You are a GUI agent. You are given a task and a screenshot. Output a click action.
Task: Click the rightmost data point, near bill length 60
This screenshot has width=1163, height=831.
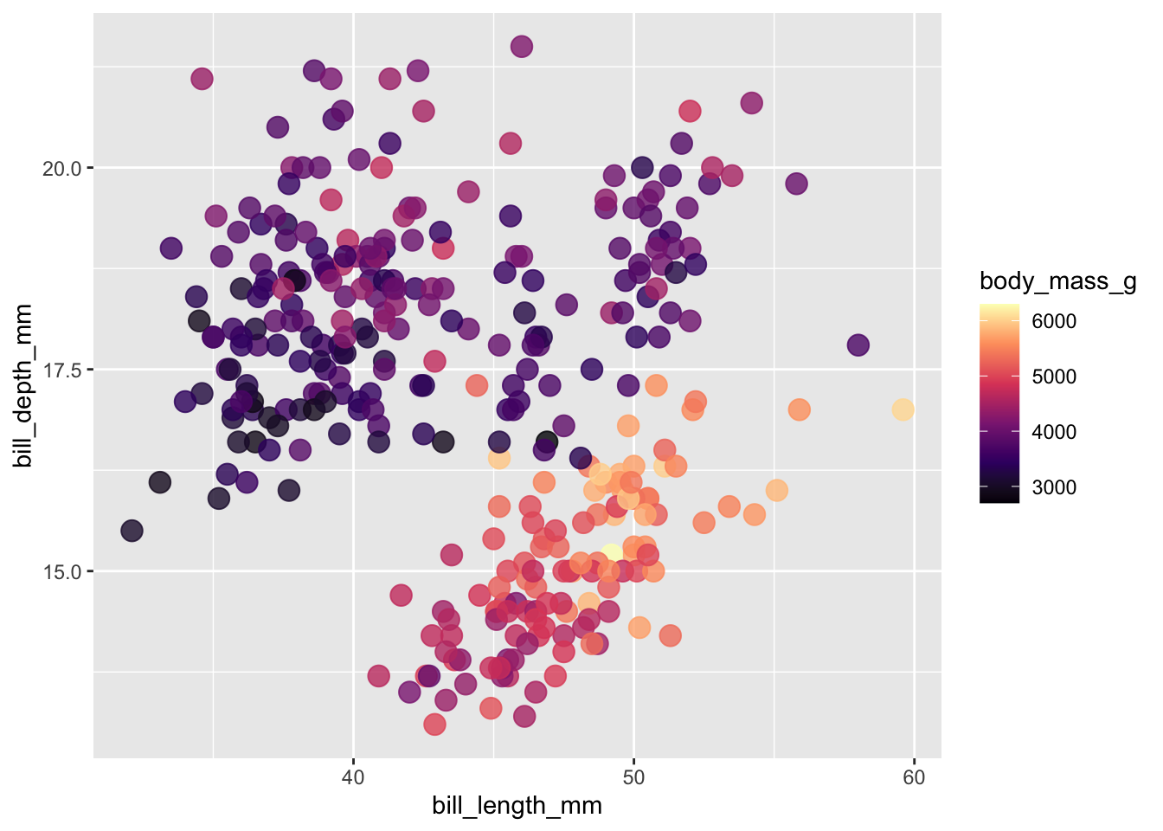click(903, 409)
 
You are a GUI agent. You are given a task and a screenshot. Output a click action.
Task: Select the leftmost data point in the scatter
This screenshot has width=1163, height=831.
click(132, 531)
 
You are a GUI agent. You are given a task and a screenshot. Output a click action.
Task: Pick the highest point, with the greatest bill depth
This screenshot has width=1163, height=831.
click(521, 47)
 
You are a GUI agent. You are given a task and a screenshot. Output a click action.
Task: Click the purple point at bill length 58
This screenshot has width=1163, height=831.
click(858, 345)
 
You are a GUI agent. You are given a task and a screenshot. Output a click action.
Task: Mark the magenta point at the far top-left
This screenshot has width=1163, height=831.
click(202, 79)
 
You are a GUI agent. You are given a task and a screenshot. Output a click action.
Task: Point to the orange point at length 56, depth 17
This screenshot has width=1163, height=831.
click(800, 409)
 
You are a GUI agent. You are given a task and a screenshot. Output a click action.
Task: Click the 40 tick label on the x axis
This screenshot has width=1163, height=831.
click(353, 777)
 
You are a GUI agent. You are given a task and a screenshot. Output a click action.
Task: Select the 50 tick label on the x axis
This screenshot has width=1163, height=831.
click(633, 777)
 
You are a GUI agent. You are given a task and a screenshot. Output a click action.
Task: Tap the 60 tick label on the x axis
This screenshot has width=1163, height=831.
click(914, 777)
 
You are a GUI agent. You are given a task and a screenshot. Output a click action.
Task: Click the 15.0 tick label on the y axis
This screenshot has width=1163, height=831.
click(62, 572)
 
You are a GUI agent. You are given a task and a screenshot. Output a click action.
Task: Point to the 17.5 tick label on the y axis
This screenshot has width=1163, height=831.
click(62, 370)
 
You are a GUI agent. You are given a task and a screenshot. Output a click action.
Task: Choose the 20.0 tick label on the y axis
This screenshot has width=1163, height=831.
click(62, 168)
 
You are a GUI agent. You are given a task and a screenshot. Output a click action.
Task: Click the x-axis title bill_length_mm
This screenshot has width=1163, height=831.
click(517, 806)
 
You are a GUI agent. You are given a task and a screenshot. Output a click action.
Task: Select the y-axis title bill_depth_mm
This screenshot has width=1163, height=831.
click(23, 385)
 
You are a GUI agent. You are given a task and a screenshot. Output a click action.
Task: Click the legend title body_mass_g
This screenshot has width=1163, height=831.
click(1057, 281)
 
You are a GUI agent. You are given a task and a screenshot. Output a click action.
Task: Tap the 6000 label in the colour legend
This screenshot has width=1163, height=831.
click(1054, 321)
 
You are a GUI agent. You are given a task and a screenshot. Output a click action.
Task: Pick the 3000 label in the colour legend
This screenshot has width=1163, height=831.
click(1054, 487)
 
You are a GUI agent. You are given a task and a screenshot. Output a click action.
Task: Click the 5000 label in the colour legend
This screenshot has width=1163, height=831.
click(1054, 377)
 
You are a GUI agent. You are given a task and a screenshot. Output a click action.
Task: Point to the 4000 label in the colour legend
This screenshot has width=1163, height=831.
click(1054, 432)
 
